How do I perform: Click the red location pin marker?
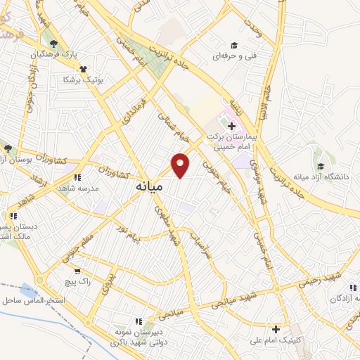(181, 165)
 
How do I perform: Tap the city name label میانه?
(149, 188)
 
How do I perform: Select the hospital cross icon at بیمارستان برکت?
(232, 126)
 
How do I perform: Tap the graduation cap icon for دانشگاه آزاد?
(321, 167)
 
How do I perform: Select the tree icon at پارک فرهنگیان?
(54, 44)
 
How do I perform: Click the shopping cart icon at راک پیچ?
(77, 271)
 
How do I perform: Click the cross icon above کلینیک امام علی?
(276, 328)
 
